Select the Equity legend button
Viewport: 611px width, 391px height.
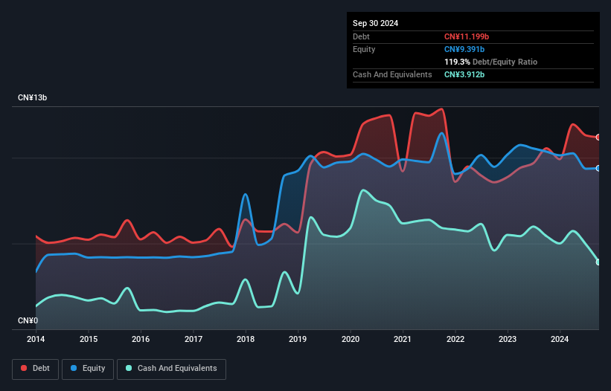pos(89,368)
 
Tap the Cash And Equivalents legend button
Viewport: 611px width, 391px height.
pos(171,368)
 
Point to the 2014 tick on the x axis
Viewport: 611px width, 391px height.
pos(36,339)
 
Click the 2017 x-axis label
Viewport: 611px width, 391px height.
pos(193,339)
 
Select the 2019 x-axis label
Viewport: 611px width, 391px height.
pos(298,339)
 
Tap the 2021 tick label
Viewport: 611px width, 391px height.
pos(403,339)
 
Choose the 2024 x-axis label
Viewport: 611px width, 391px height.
pos(560,339)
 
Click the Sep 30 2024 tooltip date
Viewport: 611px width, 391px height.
pos(375,23)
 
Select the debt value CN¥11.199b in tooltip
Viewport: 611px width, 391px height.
pos(465,36)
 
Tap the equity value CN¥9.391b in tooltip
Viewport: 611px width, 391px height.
pos(464,49)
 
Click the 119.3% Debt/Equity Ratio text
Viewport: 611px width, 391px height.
pos(490,62)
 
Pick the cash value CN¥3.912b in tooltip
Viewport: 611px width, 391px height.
pos(464,74)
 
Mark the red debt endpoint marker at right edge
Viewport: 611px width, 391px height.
pos(598,138)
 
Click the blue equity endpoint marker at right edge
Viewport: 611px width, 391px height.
pos(598,168)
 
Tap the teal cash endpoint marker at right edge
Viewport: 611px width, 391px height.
pos(598,262)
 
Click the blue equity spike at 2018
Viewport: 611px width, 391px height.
pos(246,195)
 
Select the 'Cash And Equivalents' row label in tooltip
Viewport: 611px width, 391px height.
pos(392,74)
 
